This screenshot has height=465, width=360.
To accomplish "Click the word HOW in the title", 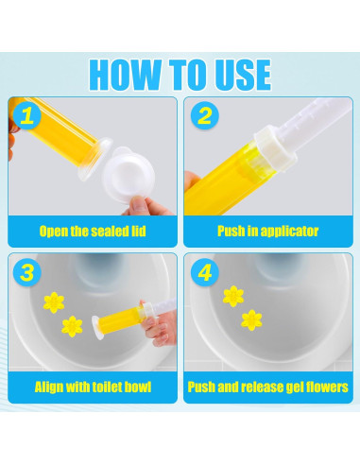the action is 125,75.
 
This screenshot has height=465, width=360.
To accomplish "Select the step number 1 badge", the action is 26,115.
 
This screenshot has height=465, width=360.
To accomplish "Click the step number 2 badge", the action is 205,115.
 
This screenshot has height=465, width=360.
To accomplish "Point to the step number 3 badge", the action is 26,272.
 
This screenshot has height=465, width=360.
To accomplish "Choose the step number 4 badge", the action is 205,272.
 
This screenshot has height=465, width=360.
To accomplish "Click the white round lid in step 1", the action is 129,176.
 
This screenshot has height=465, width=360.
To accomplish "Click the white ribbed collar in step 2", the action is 276,148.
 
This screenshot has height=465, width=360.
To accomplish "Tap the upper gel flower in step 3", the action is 54,302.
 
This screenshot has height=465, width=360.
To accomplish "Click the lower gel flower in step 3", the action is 72,327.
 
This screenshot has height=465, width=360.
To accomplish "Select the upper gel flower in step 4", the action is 233,297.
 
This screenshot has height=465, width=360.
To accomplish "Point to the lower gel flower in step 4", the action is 251,320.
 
